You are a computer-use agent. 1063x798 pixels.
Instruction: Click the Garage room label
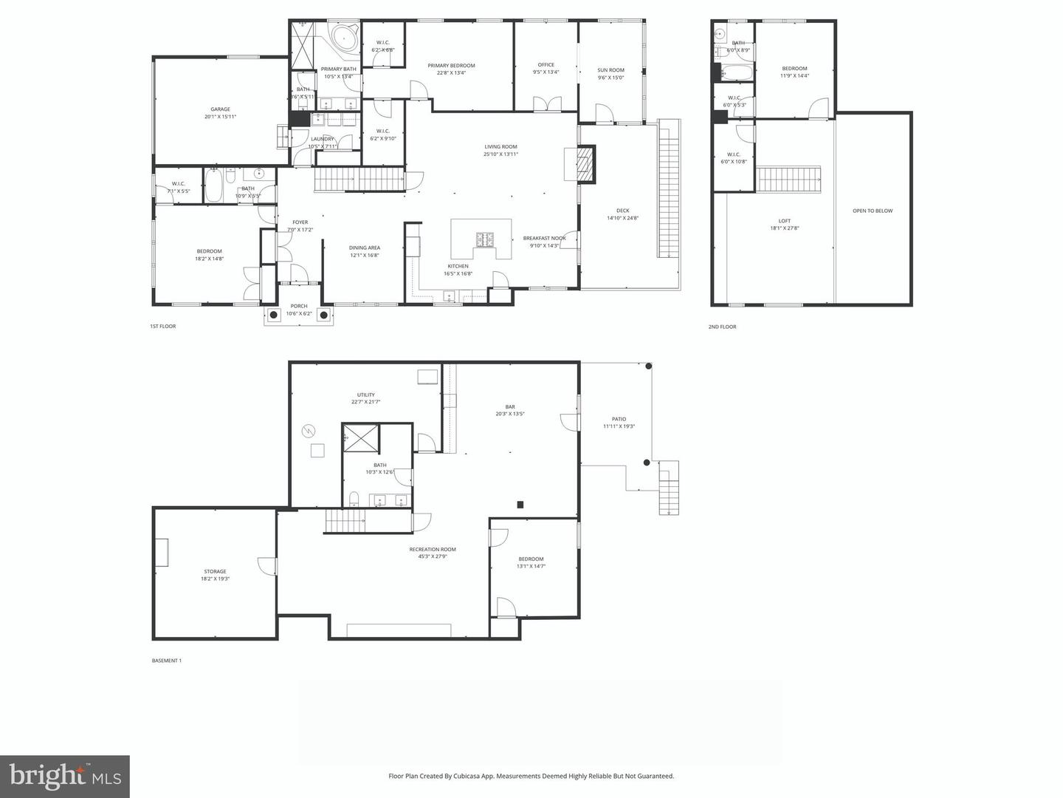220,109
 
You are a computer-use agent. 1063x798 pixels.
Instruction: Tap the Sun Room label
610,70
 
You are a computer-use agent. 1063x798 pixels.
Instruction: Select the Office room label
546,65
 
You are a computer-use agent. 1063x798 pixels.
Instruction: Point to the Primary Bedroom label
451,66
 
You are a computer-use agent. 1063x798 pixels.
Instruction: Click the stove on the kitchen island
487,239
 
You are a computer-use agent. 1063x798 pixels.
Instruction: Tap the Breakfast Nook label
544,238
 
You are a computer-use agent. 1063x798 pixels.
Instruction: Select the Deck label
622,211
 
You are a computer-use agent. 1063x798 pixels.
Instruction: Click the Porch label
298,306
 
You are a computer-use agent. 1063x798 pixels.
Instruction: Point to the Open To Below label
873,211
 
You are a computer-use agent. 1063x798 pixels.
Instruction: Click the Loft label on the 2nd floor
784,221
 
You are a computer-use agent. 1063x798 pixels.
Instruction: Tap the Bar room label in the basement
509,406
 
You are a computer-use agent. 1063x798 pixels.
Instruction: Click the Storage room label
215,571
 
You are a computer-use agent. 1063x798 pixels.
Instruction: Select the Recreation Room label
433,549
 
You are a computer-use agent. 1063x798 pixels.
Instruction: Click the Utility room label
365,395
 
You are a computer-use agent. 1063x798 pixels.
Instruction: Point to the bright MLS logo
65,776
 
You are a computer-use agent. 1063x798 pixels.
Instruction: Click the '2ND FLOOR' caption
722,327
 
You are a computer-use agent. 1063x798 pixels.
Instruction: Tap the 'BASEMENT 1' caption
166,661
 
